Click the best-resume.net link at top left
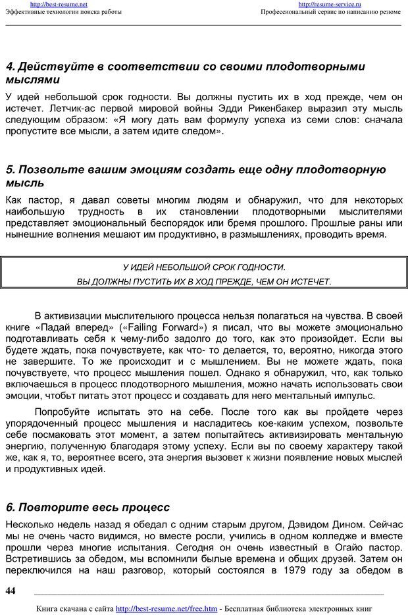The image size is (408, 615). coord(59,4)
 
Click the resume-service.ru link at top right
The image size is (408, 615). coord(330,4)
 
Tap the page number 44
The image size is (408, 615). coord(10,591)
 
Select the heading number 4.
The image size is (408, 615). coord(9,67)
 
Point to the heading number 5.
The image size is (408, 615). coord(9,170)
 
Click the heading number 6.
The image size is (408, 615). coord(9,507)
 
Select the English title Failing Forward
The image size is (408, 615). coord(162,327)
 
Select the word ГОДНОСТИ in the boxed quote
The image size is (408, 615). coord(259,267)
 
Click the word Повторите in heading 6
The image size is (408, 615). coord(51,507)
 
